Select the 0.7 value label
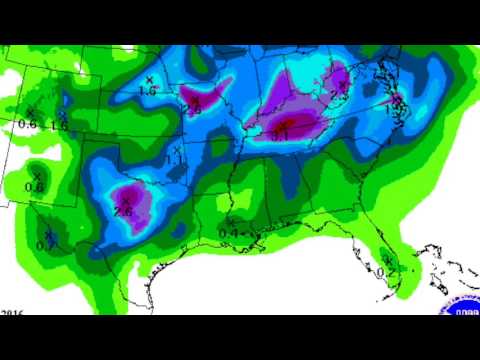point(45,245)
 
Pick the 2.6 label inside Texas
point(124,210)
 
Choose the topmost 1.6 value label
point(148,91)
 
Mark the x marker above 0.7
point(48,234)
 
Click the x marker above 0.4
point(230,221)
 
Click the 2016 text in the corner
point(13,312)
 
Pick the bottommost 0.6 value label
point(34,187)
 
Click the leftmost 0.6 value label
point(27,124)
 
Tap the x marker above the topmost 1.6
point(150,79)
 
